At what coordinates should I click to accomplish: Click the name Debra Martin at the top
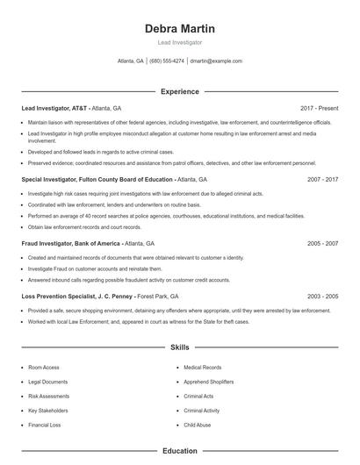click(179, 29)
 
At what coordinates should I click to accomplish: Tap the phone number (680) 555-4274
click(167, 61)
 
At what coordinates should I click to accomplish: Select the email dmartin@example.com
click(215, 61)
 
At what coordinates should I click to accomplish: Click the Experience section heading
click(179, 91)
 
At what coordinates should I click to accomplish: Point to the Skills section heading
click(179, 347)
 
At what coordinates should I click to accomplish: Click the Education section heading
click(179, 451)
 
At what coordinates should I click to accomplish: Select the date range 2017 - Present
click(319, 108)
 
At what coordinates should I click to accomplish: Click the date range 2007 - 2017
click(322, 179)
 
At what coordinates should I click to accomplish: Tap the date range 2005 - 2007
click(322, 243)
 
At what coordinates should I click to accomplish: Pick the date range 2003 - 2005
click(322, 297)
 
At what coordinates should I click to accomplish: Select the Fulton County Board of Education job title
click(96, 179)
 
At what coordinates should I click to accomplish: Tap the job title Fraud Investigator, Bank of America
click(70, 243)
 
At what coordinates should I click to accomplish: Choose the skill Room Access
click(43, 368)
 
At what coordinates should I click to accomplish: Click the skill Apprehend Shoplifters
click(209, 382)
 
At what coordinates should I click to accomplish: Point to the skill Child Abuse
click(197, 425)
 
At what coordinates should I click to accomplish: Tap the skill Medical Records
click(202, 368)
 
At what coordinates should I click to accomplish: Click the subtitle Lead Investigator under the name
click(179, 43)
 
